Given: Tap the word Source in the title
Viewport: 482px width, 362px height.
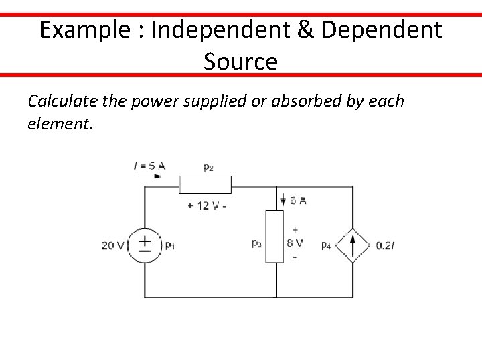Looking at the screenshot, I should coord(240,62).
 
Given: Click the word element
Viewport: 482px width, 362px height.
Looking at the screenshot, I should coord(56,123).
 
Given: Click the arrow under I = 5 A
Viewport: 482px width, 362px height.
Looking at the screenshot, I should coord(149,176).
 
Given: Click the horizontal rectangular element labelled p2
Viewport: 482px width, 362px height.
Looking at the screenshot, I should coord(206,184).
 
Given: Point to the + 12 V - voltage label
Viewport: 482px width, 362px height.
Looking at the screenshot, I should coord(207,205).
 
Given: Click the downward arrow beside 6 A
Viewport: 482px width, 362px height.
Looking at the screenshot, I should coord(283,199).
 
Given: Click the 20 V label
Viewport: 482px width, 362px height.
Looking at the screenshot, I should coord(112,245).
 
